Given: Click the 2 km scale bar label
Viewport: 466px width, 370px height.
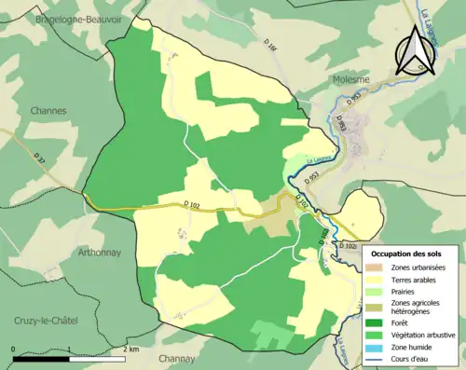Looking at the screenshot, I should (x=131, y=350).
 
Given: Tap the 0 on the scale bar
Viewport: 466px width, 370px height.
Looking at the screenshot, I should (x=14, y=350).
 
